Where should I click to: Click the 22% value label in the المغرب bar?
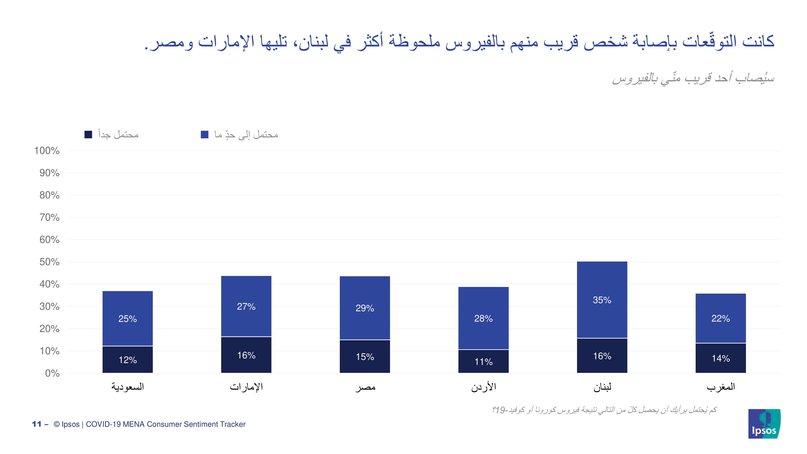pyautogui.click(x=720, y=319)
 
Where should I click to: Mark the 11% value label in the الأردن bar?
pyautogui.click(x=484, y=362)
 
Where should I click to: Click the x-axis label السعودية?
pyautogui.click(x=127, y=387)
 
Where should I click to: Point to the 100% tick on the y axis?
pyautogui.click(x=47, y=151)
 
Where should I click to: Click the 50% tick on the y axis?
pyautogui.click(x=49, y=262)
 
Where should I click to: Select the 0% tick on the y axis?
pyautogui.click(x=52, y=373)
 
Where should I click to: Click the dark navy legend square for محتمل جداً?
pyautogui.click(x=88, y=135)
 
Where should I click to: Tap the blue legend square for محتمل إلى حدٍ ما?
pyautogui.click(x=205, y=135)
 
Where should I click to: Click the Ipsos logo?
pyautogui.click(x=764, y=424)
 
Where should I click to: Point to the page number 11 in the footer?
pyautogui.click(x=37, y=424)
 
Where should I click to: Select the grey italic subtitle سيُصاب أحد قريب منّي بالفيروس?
pyautogui.click(x=693, y=78)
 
